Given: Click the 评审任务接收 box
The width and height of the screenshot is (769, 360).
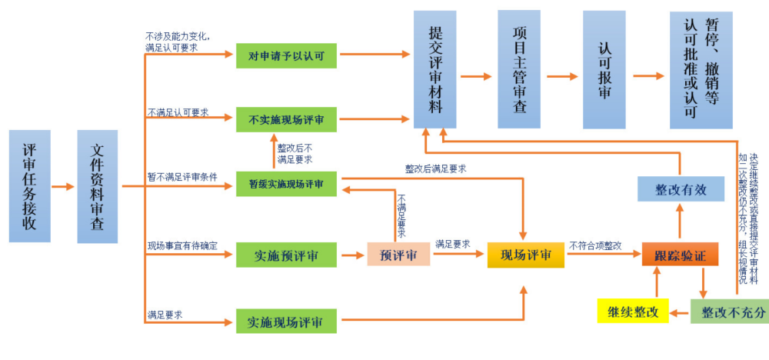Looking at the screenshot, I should (29, 186).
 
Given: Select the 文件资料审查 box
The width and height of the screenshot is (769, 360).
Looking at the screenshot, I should (97, 186).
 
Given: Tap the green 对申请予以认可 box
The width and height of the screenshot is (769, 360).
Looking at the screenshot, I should (286, 55).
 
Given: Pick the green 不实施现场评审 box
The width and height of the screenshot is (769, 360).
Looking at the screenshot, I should (286, 119).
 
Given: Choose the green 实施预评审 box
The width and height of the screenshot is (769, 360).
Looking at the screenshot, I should (286, 255).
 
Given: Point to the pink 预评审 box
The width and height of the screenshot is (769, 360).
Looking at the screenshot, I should (398, 255).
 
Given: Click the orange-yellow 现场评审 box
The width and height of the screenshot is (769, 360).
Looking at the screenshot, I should (526, 255).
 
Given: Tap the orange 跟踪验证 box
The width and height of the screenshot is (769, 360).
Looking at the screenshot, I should (674, 255).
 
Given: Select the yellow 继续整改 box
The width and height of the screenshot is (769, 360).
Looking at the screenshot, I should (633, 311).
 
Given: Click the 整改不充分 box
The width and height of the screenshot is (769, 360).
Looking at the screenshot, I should (729, 311).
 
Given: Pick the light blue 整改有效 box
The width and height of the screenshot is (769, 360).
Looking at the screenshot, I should (681, 188).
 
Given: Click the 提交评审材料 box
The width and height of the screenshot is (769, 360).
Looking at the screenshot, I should (434, 69).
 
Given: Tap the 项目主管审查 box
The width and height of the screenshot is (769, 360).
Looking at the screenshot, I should (519, 69).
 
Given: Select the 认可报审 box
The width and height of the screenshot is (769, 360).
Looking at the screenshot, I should (604, 69).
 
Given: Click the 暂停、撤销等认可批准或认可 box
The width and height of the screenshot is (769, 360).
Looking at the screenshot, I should (701, 69).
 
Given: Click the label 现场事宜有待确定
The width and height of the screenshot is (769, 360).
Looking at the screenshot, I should (182, 246).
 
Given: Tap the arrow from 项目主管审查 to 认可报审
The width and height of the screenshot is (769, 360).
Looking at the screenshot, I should (561, 76).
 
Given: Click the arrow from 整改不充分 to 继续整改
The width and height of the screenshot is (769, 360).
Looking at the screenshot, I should (680, 312).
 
